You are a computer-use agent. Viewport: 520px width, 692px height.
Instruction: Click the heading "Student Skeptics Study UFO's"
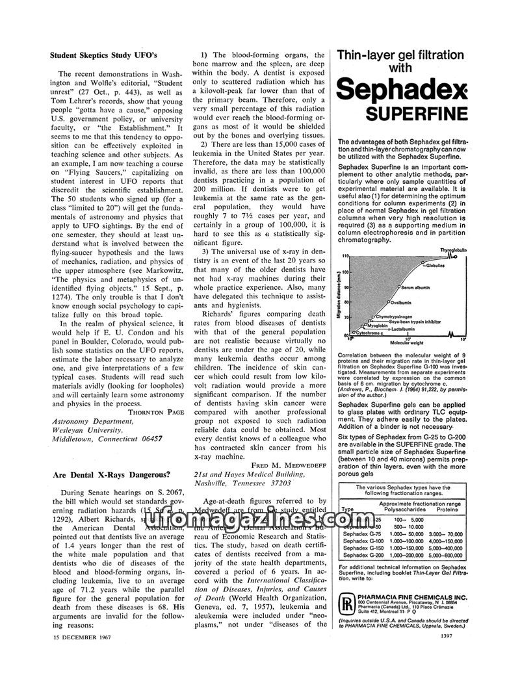(x=104, y=56)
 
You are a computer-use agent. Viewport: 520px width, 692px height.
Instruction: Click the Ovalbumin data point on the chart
(x=388, y=303)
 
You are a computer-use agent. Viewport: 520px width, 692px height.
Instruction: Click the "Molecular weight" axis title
(x=407, y=342)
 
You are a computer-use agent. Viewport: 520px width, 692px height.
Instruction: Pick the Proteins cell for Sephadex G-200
(x=446, y=555)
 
